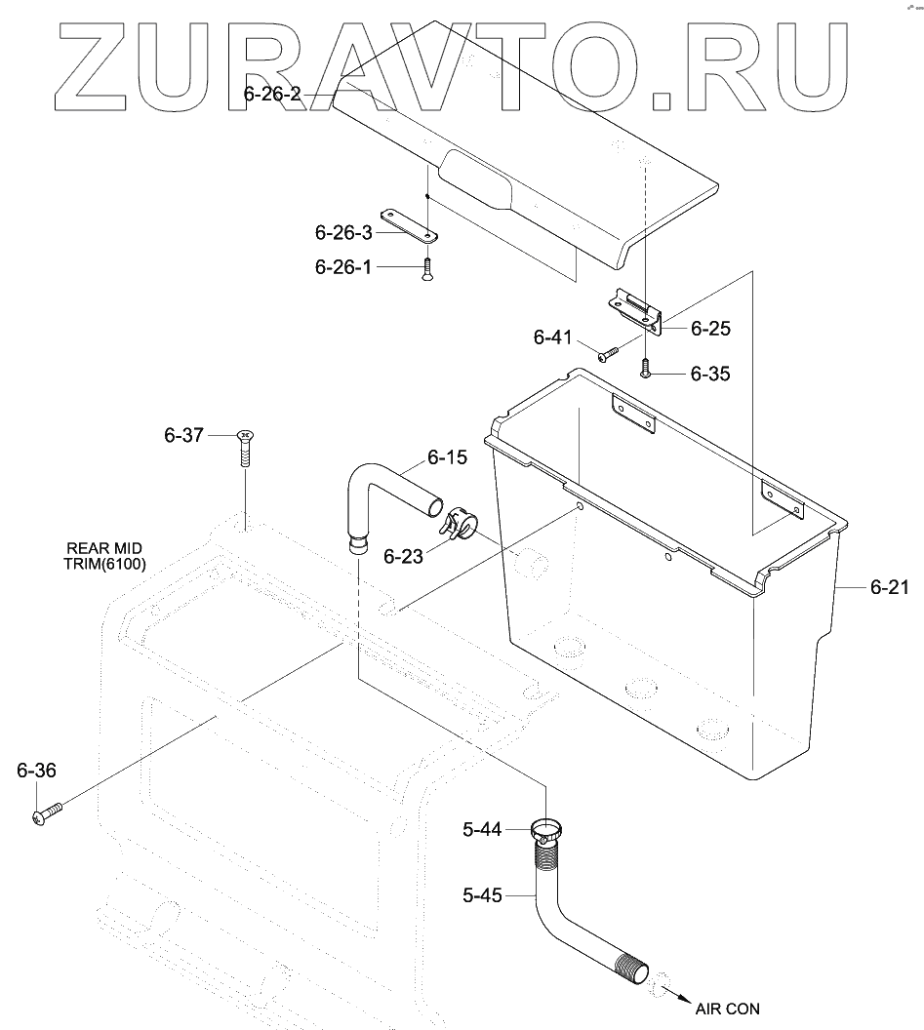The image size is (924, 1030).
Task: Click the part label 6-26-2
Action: tap(273, 94)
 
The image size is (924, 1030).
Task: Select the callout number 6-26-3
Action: tap(343, 233)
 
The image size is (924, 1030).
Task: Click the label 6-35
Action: tap(709, 374)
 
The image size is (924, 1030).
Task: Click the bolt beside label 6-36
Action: tap(47, 811)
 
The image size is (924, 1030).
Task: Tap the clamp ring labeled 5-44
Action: tap(548, 834)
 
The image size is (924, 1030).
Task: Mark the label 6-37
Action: tap(183, 435)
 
